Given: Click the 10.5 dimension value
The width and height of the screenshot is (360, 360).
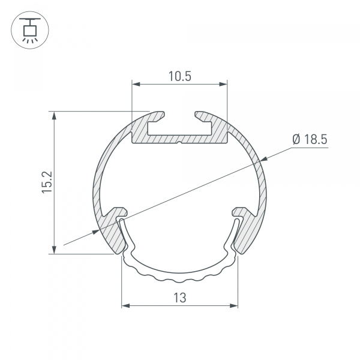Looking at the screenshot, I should (179, 76).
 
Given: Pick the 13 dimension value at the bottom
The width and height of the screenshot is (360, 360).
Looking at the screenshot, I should (179, 296).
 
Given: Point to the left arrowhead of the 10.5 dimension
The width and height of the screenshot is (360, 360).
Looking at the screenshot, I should (136, 85).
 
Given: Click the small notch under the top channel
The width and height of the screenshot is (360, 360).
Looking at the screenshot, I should (179, 143).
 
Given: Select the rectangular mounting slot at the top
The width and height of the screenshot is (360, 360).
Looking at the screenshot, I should (179, 128).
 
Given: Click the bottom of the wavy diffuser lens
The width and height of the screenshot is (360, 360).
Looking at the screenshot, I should (179, 280).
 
